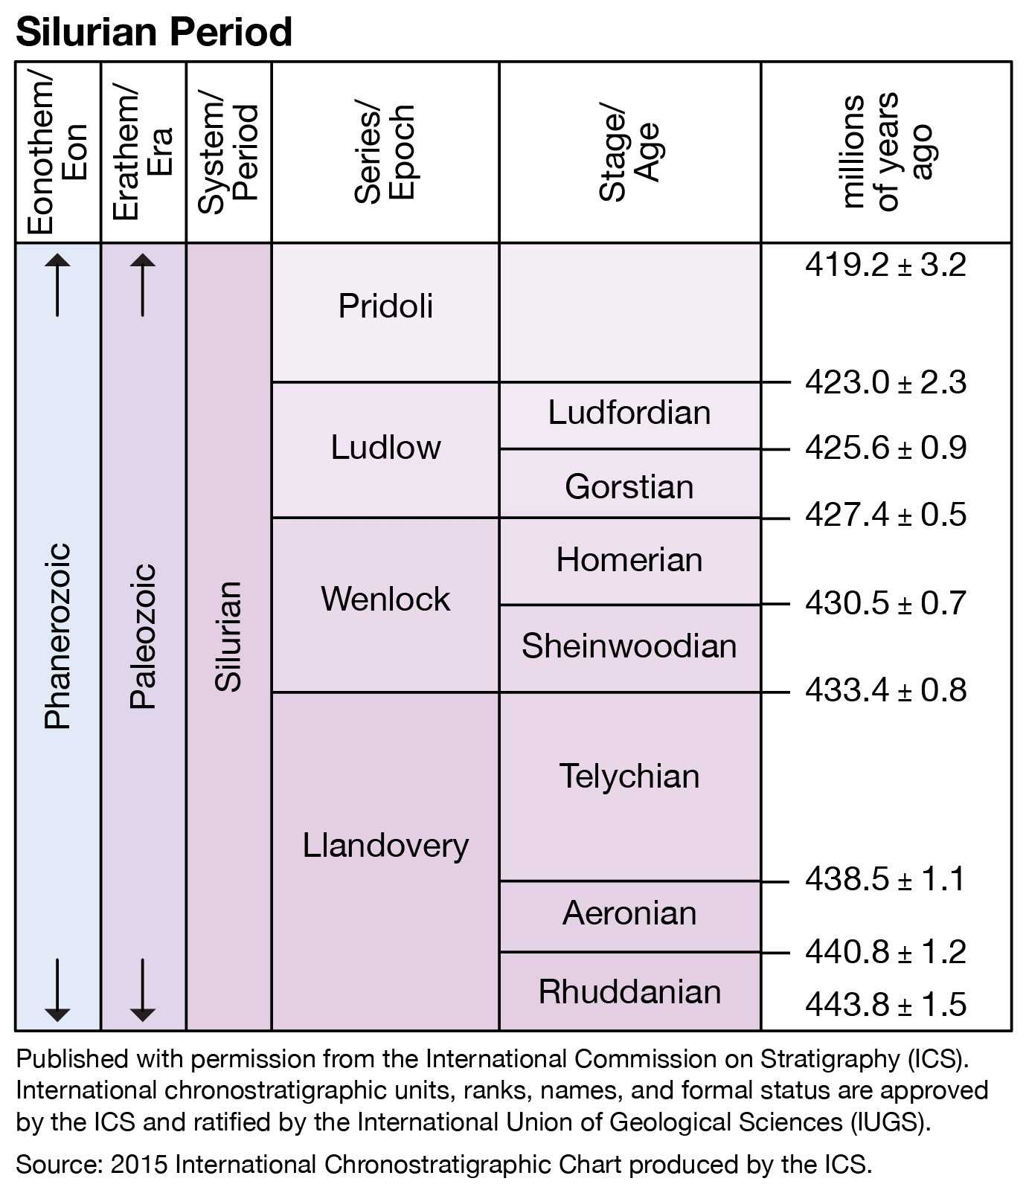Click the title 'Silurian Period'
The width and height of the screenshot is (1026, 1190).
coord(153,32)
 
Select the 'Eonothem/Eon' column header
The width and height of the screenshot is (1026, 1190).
coord(57,152)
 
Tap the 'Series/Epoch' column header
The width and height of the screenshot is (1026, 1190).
coord(385,152)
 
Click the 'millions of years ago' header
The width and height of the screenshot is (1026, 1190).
coord(885,152)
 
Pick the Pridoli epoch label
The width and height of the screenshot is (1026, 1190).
coord(385,306)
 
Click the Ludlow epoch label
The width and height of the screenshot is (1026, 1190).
coord(385,448)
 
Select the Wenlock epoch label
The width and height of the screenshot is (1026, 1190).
coord(385,599)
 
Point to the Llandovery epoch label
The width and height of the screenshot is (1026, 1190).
coord(385,846)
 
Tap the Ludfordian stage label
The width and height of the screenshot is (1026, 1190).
coord(629,413)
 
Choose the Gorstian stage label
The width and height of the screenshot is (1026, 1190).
coord(629,487)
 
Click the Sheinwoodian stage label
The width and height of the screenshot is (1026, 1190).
coord(629,646)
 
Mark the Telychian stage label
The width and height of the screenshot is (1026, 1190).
coord(629,776)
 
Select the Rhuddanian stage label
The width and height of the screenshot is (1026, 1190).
coord(629,992)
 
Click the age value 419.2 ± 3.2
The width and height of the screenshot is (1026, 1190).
coord(885,266)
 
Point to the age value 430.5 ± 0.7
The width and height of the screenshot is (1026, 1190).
coord(885,603)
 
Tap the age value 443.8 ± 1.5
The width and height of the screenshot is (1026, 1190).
coord(885,1005)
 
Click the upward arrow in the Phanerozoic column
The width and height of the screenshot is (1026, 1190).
coord(57,284)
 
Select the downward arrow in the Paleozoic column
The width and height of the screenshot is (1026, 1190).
coord(143,990)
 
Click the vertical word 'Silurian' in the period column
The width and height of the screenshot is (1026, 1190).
coord(228,637)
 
